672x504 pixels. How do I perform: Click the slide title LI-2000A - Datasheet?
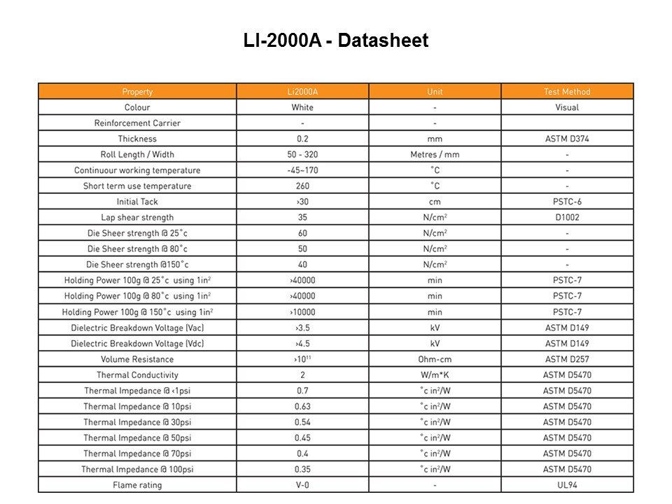336,41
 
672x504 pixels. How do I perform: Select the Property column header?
137,92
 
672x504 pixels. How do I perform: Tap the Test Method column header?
567,92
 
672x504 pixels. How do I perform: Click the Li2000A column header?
302,92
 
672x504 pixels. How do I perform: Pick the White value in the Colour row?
302,107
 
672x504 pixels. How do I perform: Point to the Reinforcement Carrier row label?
137,123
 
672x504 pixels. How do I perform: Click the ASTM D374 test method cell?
567,139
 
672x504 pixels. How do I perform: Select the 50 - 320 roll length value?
302,155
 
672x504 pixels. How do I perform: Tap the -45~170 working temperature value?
302,170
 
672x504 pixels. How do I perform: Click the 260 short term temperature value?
302,186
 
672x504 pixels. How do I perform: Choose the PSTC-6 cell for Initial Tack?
567,202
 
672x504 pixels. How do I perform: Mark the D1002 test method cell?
567,217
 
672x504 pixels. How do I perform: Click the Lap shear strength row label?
137,217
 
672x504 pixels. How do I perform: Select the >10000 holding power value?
302,312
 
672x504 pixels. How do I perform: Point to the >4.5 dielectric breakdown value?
302,344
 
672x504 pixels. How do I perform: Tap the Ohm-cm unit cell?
435,359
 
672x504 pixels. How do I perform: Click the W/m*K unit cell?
435,375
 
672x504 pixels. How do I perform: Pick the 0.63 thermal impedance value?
302,407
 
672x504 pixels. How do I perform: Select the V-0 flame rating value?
302,485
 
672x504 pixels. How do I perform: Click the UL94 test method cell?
567,485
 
